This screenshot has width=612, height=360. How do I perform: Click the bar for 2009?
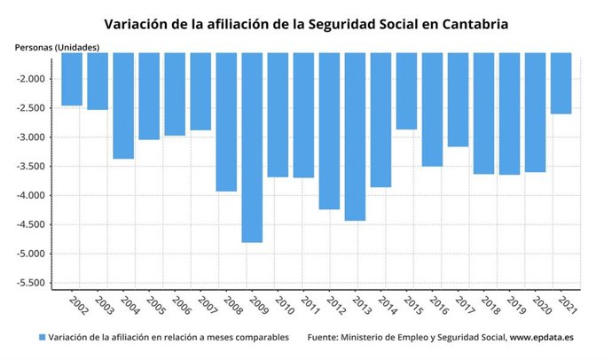(x=252, y=147)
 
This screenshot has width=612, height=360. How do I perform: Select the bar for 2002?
(x=72, y=79)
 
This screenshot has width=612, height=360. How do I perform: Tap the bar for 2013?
(x=355, y=137)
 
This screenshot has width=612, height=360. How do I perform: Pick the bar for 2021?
(x=561, y=83)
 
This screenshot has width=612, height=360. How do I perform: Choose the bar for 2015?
(x=406, y=91)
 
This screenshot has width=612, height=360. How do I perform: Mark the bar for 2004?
(x=123, y=106)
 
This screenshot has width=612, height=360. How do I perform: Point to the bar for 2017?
(x=458, y=99)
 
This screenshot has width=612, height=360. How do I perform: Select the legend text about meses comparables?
(x=169, y=338)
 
